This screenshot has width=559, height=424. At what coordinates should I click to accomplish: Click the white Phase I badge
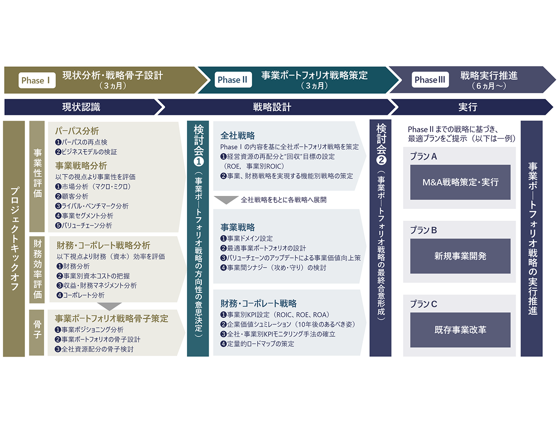(36, 80)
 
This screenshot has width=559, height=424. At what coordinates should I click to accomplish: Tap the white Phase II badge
(232, 80)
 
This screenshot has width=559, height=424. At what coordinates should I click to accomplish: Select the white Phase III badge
(430, 80)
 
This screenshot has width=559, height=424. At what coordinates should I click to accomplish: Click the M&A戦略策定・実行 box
(460, 182)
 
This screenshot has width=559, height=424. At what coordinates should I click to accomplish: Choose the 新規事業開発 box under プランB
(460, 256)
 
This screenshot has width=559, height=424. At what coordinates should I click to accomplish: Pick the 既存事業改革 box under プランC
(460, 330)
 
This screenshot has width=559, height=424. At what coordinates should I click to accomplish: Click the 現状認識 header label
(81, 107)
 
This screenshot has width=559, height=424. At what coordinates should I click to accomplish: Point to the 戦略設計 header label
(272, 107)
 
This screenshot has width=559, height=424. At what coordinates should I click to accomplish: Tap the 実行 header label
(468, 107)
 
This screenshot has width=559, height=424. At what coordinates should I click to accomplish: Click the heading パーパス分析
(77, 131)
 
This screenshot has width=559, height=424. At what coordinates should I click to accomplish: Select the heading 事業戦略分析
(81, 166)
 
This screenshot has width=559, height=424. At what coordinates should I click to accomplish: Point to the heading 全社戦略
(238, 136)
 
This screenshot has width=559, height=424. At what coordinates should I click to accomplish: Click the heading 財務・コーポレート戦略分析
(104, 245)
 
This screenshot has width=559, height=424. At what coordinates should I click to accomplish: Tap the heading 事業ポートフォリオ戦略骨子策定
(111, 319)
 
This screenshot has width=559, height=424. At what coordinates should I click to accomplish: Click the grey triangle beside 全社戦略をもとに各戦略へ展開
(226, 200)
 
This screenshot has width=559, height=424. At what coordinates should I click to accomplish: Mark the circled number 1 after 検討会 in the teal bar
(199, 161)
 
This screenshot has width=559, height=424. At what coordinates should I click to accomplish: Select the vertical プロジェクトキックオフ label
(14, 239)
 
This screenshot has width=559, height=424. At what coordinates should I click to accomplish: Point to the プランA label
(423, 156)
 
